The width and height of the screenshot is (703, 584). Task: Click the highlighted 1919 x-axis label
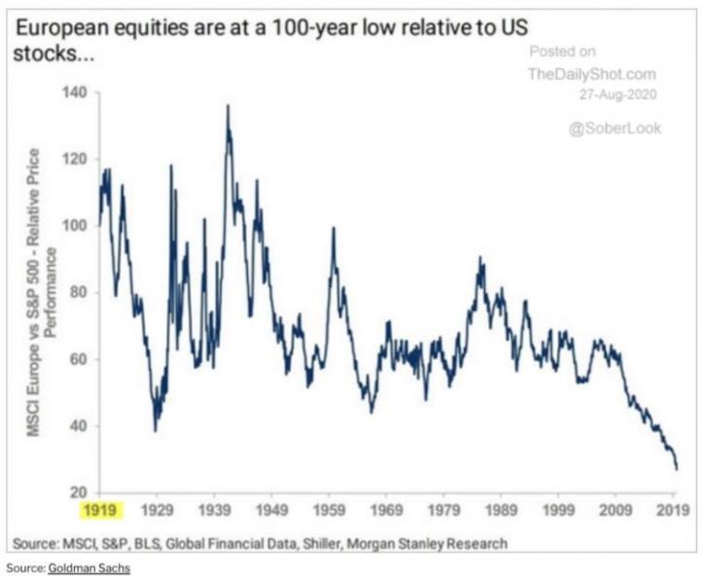click(101, 508)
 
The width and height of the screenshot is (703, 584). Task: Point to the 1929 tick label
click(158, 508)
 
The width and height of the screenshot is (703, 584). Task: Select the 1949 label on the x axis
click(273, 508)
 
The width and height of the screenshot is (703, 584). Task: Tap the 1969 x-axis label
click(388, 508)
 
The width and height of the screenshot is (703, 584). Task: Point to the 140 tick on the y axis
click(76, 92)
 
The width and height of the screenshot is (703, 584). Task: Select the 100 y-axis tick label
click(76, 226)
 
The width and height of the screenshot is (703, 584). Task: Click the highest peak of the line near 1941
click(228, 105)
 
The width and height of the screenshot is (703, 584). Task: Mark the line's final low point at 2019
click(677, 469)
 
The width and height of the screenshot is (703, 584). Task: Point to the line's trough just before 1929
click(155, 429)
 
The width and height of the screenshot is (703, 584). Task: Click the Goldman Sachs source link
click(89, 566)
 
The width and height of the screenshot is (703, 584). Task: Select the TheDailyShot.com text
click(592, 73)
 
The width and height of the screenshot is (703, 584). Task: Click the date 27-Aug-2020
click(615, 93)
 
